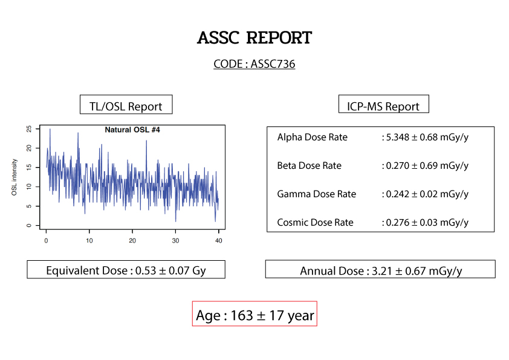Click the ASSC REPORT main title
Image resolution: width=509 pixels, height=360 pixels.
click(x=254, y=38)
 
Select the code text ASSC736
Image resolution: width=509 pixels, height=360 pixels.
click(x=273, y=64)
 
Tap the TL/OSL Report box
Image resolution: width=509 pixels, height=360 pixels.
click(x=126, y=105)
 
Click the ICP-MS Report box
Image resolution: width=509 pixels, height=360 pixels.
click(x=384, y=104)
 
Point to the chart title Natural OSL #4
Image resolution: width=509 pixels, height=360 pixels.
click(x=132, y=130)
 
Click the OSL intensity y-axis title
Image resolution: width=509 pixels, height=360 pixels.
click(x=14, y=177)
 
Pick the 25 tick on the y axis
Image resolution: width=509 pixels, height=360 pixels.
click(x=29, y=129)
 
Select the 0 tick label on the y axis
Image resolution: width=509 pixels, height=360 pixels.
click(x=29, y=226)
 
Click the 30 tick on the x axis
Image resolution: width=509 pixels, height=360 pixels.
click(x=176, y=241)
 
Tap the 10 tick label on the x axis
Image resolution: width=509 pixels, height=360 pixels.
click(x=89, y=241)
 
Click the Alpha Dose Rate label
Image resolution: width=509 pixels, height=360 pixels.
click(x=313, y=137)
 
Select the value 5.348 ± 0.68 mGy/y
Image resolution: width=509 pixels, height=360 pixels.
click(x=427, y=137)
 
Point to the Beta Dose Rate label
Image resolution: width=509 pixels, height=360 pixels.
click(x=310, y=166)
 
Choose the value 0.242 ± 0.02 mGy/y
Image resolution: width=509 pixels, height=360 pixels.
click(x=427, y=194)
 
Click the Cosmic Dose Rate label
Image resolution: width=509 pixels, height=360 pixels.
click(x=315, y=223)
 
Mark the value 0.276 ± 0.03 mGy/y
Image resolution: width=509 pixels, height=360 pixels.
click(x=427, y=223)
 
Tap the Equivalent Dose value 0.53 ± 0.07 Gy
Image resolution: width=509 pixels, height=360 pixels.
click(x=170, y=270)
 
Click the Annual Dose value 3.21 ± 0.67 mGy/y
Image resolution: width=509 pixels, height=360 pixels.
click(x=417, y=271)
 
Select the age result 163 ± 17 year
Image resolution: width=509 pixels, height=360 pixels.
click(x=273, y=315)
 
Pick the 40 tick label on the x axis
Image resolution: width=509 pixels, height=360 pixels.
click(x=219, y=241)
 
